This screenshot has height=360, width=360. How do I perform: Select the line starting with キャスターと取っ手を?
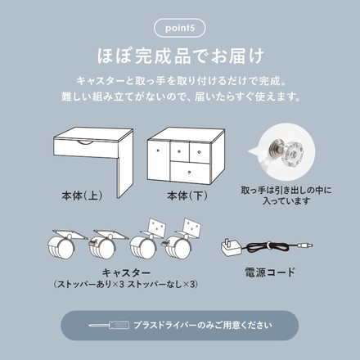[x=179, y=82]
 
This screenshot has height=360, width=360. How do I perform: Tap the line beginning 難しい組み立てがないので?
[x=179, y=96]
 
